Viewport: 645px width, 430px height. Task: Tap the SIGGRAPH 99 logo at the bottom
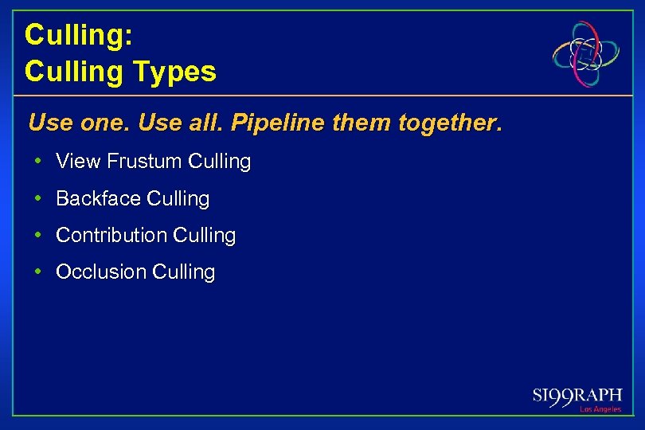[x=577, y=396]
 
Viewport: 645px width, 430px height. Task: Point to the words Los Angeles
[x=600, y=409]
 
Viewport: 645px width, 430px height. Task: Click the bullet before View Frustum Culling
[x=38, y=162]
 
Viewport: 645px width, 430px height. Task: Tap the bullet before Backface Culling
[x=38, y=198]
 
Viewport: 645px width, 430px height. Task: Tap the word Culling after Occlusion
[x=183, y=272]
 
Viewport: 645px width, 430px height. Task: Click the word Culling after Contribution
[x=204, y=236]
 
